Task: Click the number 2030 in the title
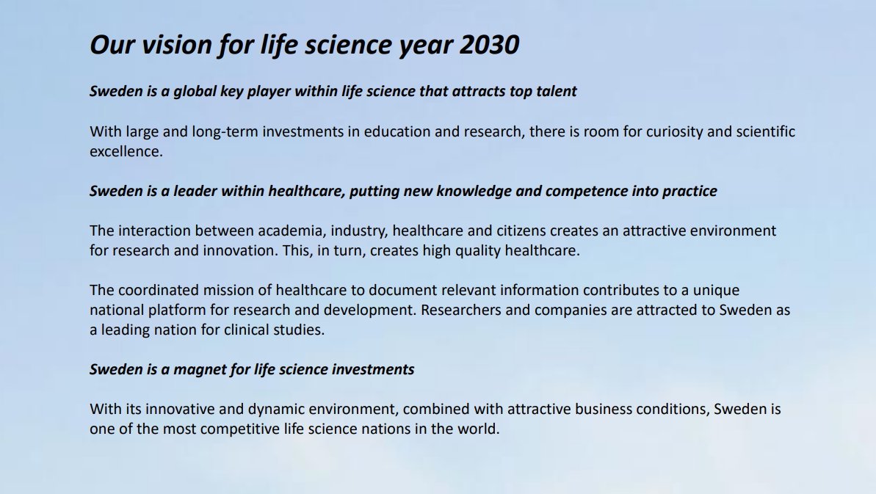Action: point(489,45)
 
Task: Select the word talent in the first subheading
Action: point(557,91)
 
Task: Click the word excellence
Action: point(126,151)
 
